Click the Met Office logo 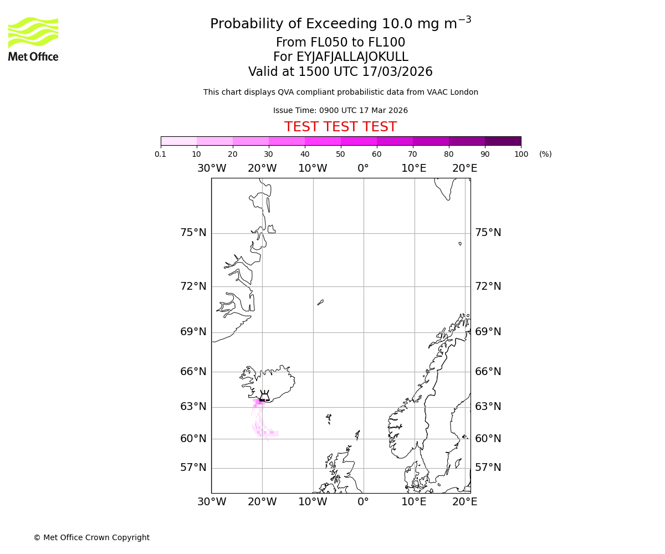[x=33, y=39]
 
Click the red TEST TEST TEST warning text [x=340, y=127]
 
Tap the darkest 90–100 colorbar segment [x=503, y=141]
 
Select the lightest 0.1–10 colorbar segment [x=178, y=141]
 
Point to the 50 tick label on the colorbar [x=340, y=154]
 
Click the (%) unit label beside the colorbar [x=545, y=154]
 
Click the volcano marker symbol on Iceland [x=264, y=396]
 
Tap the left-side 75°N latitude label [x=193, y=233]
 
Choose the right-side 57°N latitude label [x=488, y=468]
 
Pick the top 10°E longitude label [x=414, y=168]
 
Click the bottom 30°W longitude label [x=212, y=502]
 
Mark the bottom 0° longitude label [x=363, y=502]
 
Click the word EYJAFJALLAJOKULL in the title [x=353, y=57]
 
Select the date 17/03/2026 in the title [x=397, y=72]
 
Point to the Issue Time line [x=340, y=111]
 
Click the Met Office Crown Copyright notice [x=91, y=537]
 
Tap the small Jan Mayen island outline [x=320, y=302]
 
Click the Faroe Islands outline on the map [x=329, y=418]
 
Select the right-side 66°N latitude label [x=488, y=372]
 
